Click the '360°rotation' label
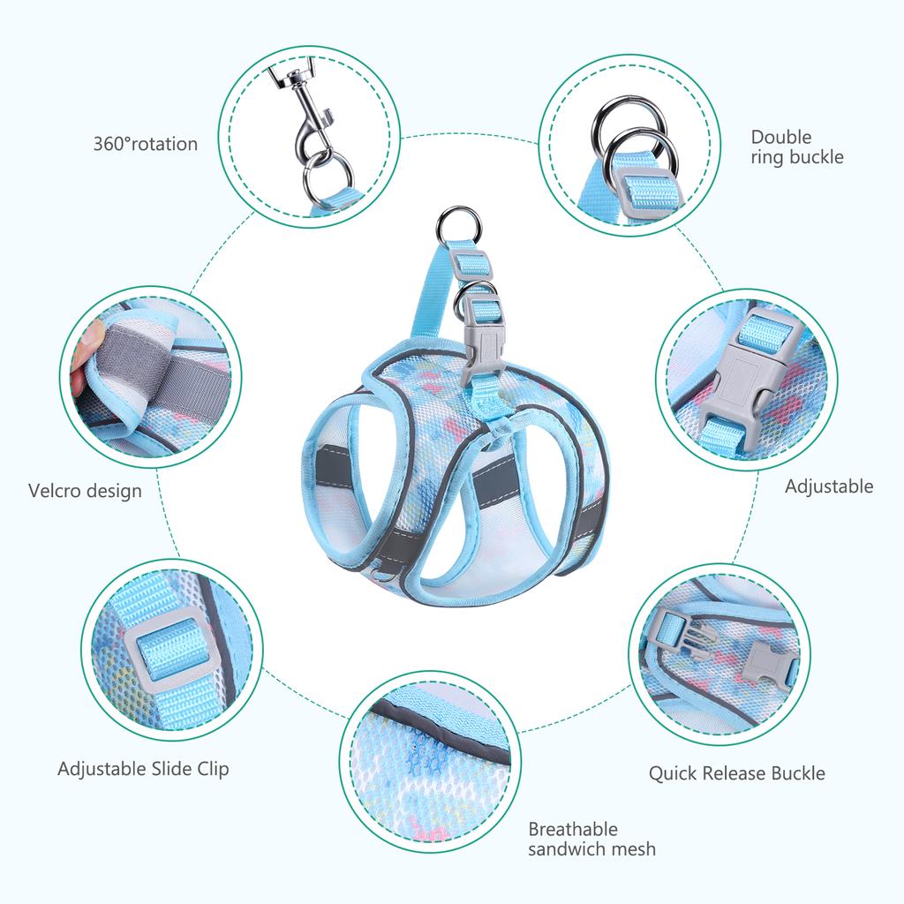tap(146, 144)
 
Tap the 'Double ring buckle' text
tap(797, 147)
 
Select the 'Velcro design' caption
tap(85, 491)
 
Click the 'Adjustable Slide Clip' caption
tap(143, 769)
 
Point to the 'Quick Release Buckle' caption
tap(737, 773)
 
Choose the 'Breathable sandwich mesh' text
tap(591, 839)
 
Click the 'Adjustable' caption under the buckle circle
tap(829, 486)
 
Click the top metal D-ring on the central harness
tap(458, 227)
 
